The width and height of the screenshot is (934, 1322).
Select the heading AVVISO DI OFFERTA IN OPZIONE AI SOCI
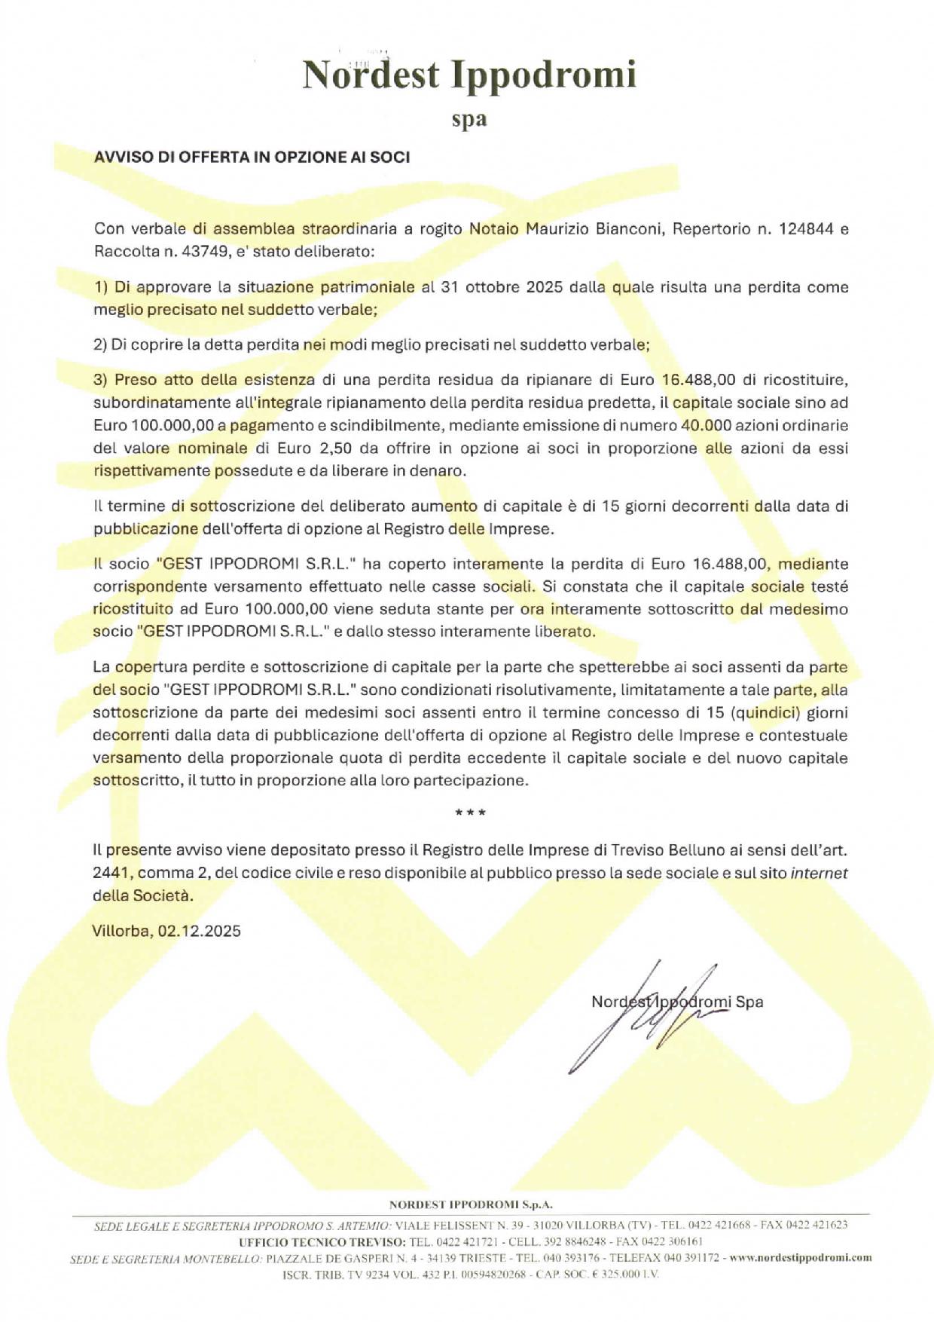[252, 157]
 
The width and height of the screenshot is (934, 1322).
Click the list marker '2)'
[101, 344]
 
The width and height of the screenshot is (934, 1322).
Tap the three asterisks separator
[470, 813]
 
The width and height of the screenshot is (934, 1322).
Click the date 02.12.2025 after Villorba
[200, 931]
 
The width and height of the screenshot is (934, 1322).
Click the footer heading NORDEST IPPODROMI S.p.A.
[471, 1204]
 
